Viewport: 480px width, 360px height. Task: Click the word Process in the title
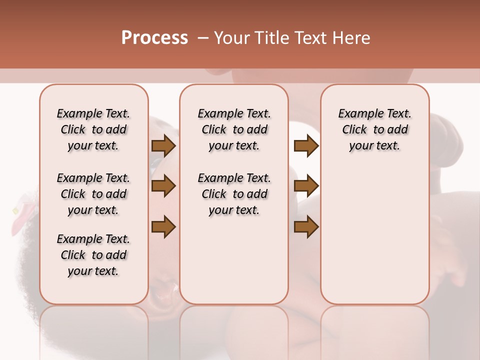[154, 38]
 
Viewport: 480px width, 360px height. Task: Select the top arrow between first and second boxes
[163, 146]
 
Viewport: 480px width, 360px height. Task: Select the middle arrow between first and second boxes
[163, 186]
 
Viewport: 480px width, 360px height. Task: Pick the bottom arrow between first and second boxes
[163, 226]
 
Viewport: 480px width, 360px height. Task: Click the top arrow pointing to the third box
[306, 146]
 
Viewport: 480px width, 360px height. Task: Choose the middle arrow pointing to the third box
[306, 186]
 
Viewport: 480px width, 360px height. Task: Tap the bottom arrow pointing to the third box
[306, 226]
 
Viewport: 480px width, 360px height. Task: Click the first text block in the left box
[93, 130]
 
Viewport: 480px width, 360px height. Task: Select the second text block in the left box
[93, 194]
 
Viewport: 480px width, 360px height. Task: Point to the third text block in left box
[93, 255]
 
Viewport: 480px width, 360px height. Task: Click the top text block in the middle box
[234, 130]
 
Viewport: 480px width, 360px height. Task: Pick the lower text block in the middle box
[234, 194]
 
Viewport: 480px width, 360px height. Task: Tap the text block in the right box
[374, 130]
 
